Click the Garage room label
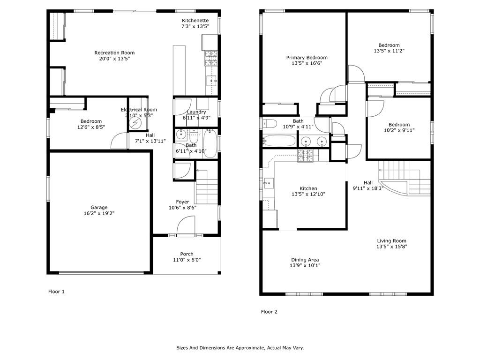99,208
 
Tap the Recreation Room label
114,53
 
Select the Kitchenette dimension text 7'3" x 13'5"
195,26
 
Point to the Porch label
187,254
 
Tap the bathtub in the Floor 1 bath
210,144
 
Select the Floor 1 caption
56,292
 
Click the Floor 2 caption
269,312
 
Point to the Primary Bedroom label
307,58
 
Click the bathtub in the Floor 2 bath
279,141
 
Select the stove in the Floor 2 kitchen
306,156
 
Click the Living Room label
391,241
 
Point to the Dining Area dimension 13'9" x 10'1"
305,266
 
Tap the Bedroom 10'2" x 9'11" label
399,125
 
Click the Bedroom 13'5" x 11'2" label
389,45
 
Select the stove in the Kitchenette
211,58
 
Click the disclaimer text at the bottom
240,348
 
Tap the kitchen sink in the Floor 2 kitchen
269,183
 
